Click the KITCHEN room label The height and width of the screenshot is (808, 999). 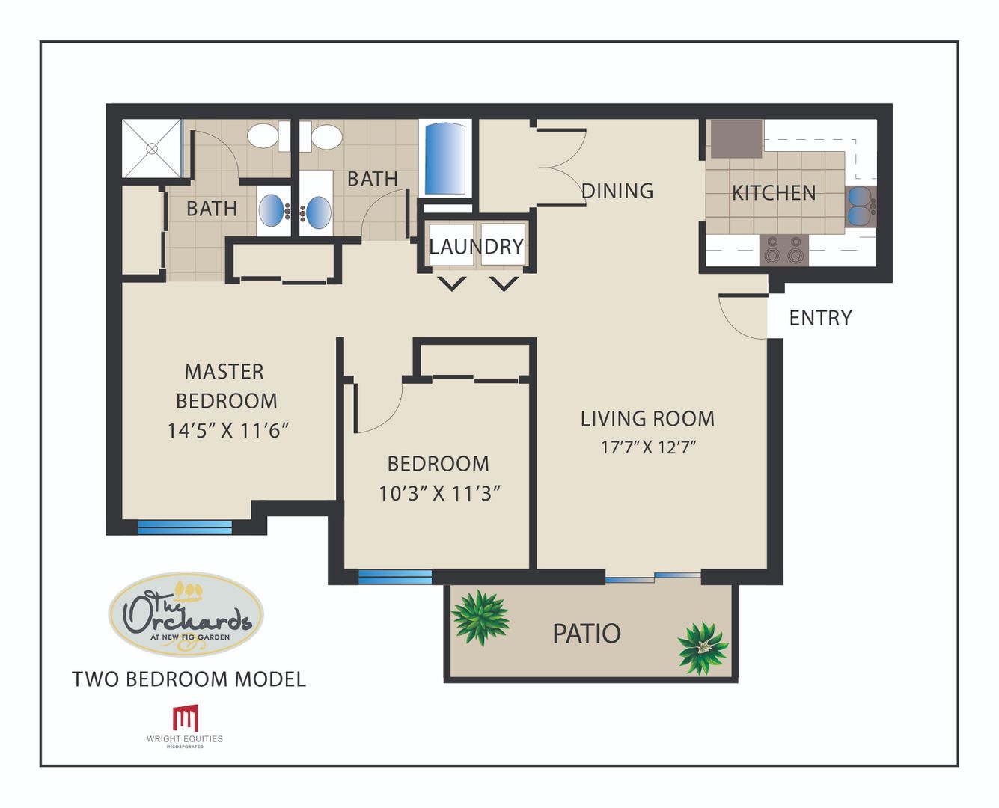pyautogui.click(x=774, y=193)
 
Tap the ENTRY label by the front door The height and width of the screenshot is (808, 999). pyautogui.click(x=820, y=318)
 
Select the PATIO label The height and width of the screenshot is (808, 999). pyautogui.click(x=587, y=634)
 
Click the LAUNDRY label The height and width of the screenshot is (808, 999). pyautogui.click(x=476, y=247)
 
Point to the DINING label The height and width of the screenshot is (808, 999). pyautogui.click(x=617, y=191)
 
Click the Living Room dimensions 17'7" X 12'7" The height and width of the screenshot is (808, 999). pyautogui.click(x=648, y=447)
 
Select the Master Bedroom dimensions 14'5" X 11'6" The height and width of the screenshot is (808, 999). pyautogui.click(x=228, y=430)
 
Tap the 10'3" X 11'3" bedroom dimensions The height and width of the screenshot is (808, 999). pyautogui.click(x=439, y=493)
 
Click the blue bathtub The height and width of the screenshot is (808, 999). pyautogui.click(x=444, y=158)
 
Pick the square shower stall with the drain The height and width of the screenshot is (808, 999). pyautogui.click(x=151, y=149)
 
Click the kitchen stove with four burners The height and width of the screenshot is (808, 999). pyautogui.click(x=783, y=249)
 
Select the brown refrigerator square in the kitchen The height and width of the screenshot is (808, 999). pyautogui.click(x=736, y=139)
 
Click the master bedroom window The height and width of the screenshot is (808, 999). pyautogui.click(x=185, y=527)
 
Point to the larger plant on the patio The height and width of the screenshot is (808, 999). pyautogui.click(x=480, y=617)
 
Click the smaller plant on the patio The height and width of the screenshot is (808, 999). pyautogui.click(x=703, y=649)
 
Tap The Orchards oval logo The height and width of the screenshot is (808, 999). pyautogui.click(x=186, y=614)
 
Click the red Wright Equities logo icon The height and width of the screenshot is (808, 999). pyautogui.click(x=186, y=718)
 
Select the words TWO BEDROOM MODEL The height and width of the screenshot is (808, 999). pyautogui.click(x=189, y=679)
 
